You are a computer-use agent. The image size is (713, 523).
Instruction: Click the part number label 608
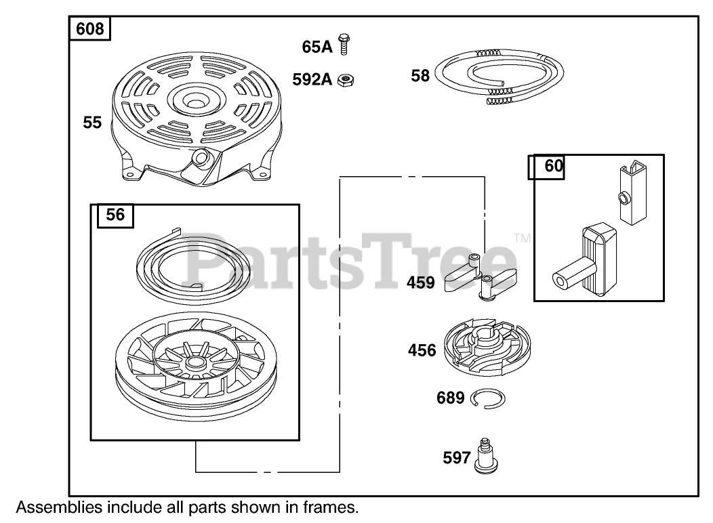click(x=90, y=29)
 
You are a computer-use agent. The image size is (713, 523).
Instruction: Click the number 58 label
click(x=420, y=75)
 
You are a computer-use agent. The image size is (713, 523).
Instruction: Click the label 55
click(x=92, y=123)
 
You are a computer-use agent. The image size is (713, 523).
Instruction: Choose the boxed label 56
click(x=115, y=215)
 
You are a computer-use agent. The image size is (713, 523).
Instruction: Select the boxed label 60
click(x=554, y=167)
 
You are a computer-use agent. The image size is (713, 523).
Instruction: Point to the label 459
click(x=420, y=283)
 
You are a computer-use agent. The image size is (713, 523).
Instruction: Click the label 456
click(x=422, y=350)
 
